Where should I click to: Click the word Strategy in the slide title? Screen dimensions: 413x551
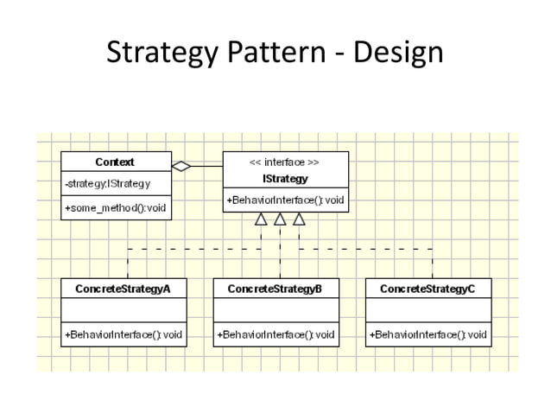click(152, 54)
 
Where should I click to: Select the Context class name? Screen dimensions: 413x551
click(115, 162)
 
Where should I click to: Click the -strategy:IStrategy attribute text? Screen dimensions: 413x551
click(108, 183)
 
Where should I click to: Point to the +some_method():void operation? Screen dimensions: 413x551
click(115, 207)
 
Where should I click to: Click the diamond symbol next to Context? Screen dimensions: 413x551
click(181, 164)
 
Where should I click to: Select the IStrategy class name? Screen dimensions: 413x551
click(284, 178)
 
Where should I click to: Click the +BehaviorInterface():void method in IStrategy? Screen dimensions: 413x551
click(286, 200)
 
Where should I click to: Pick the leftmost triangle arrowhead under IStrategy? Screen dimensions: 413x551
click(261, 220)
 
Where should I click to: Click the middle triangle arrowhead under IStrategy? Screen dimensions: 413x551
click(280, 220)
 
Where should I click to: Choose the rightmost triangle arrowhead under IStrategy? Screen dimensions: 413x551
click(299, 220)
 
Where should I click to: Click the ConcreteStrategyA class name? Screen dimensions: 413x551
click(123, 289)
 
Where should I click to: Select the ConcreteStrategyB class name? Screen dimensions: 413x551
click(275, 289)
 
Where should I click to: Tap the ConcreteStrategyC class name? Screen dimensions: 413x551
click(427, 289)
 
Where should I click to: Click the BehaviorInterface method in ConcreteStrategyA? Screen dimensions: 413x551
click(123, 334)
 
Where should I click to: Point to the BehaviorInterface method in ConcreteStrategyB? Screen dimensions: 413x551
click(275, 334)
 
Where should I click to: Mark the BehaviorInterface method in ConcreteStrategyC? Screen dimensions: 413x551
click(428, 334)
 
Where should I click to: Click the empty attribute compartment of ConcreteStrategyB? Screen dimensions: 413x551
click(275, 311)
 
